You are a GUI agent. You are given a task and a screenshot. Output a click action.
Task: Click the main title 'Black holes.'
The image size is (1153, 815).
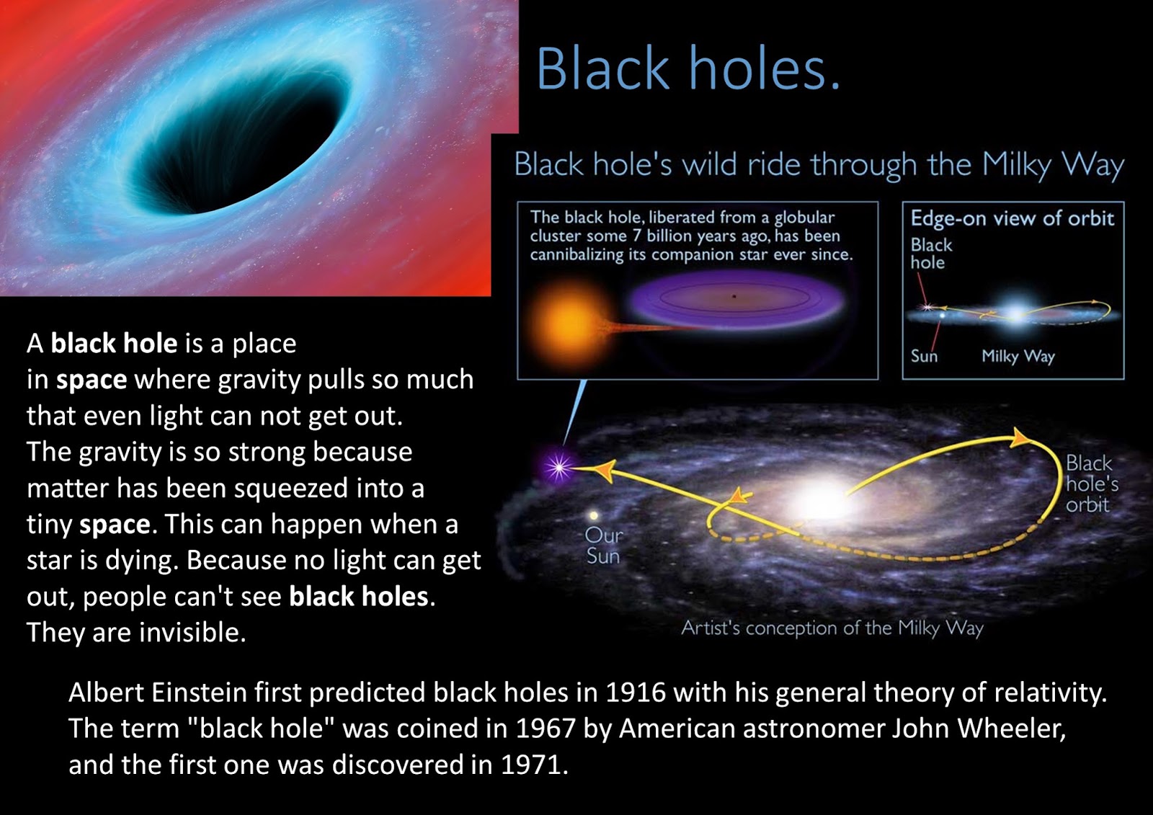(x=688, y=68)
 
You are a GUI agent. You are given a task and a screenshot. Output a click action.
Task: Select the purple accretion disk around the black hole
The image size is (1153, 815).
(x=736, y=298)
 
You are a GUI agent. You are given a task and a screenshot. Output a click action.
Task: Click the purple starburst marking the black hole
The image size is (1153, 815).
(x=558, y=467)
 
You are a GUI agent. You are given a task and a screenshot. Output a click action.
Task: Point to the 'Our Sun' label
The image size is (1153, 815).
(x=603, y=546)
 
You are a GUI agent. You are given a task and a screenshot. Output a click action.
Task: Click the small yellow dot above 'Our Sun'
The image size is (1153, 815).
(x=594, y=515)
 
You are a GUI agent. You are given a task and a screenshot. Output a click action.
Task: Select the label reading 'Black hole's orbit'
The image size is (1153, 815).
(x=1092, y=484)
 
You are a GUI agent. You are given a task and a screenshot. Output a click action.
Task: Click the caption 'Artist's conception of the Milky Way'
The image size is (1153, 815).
(x=832, y=628)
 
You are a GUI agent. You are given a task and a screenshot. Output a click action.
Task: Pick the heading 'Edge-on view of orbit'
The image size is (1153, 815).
(x=1012, y=218)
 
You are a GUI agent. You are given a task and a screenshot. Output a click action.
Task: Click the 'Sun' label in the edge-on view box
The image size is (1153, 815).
(x=924, y=356)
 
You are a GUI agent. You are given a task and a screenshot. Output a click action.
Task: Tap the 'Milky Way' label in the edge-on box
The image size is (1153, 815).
(x=1018, y=356)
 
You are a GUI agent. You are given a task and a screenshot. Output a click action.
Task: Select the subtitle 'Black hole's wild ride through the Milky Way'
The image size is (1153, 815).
(x=819, y=166)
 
